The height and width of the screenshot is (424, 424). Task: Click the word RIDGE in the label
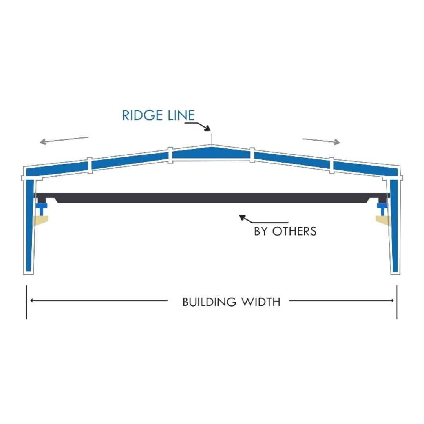[x=143, y=115]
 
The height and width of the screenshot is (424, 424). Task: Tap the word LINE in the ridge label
[x=181, y=115]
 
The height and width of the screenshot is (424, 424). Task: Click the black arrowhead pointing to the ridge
[x=207, y=128]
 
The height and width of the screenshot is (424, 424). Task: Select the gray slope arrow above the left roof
[x=64, y=140]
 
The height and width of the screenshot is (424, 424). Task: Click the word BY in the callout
[x=261, y=232]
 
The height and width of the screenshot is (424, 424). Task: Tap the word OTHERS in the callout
[x=294, y=232]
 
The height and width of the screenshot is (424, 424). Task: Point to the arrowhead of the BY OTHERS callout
[x=242, y=217]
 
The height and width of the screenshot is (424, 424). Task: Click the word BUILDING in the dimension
[x=209, y=302]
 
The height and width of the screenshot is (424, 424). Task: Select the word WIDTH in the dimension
[x=261, y=302]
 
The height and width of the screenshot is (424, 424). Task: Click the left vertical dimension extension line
[x=27, y=302]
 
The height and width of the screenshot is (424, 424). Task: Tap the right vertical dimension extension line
[x=397, y=302]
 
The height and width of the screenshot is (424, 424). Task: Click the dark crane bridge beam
[x=212, y=198]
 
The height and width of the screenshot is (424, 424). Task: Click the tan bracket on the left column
[x=40, y=220]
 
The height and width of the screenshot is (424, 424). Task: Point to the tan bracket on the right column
[x=384, y=220]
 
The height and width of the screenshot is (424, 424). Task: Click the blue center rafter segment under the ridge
[x=211, y=153]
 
